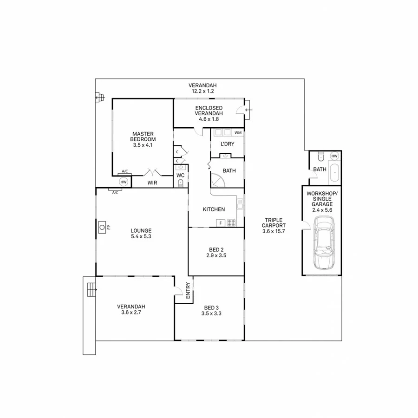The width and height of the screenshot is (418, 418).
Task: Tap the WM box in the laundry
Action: (238, 133)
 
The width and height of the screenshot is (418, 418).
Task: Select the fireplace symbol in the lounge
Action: (102, 228)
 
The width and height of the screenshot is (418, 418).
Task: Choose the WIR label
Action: (152, 183)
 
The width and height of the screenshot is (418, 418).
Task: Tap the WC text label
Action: (181, 175)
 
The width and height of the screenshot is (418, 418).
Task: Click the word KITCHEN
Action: (214, 209)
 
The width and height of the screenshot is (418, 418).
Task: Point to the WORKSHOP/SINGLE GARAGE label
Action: (320, 201)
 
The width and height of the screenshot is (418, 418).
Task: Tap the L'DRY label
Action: (227, 144)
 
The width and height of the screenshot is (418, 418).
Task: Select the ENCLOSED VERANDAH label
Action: (209, 113)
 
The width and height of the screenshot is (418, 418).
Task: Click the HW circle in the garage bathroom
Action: (334, 156)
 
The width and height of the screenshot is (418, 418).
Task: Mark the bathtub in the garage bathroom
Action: (334, 174)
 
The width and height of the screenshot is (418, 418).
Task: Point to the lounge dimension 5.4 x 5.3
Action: (141, 236)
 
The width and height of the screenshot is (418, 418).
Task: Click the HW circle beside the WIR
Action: (123, 182)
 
